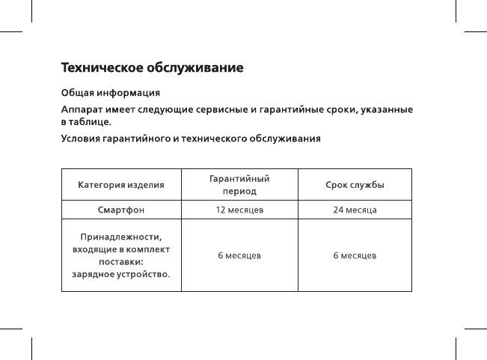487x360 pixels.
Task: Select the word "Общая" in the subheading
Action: click(x=76, y=94)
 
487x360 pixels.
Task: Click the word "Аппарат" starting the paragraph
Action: click(x=82, y=110)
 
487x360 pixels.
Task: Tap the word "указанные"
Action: click(x=387, y=110)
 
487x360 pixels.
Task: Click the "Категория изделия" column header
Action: click(x=121, y=184)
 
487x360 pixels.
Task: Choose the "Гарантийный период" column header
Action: click(x=239, y=184)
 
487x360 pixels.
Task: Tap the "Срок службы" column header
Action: click(x=355, y=184)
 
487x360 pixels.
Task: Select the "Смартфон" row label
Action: click(x=121, y=210)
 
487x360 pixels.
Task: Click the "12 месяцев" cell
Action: click(x=239, y=210)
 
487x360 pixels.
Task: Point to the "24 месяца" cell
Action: click(x=355, y=210)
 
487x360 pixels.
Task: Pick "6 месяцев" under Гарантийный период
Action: click(x=239, y=256)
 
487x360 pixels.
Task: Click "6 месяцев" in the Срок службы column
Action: click(x=355, y=256)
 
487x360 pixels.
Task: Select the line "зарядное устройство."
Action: click(x=121, y=275)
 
